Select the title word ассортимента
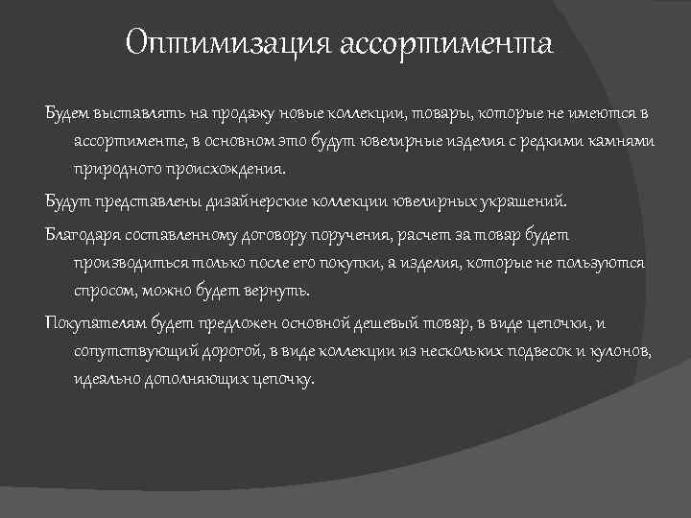(x=446, y=44)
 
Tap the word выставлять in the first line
(x=135, y=114)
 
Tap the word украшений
(x=523, y=202)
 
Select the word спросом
(x=106, y=289)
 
